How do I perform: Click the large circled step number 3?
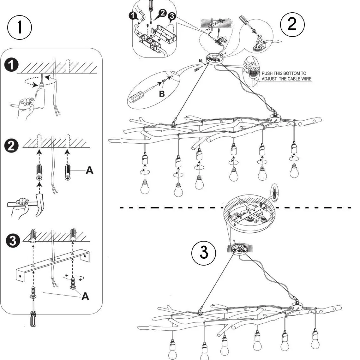point(204,253)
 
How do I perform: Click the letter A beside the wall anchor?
point(89,171)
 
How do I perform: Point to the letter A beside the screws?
point(86,296)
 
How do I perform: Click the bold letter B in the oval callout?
point(162,94)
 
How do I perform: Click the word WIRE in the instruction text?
point(305,79)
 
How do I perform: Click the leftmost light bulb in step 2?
point(145,187)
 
